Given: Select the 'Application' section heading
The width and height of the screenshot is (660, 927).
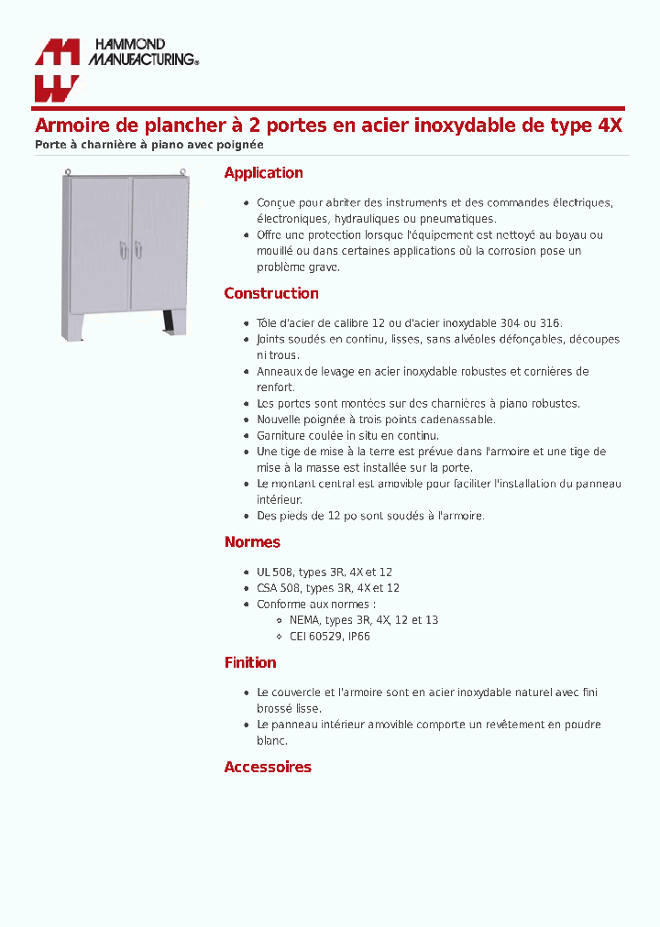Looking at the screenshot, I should tap(263, 173).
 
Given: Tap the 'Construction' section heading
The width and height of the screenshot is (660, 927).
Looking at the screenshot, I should tap(271, 294).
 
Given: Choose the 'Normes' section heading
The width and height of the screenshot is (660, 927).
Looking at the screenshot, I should tap(252, 542).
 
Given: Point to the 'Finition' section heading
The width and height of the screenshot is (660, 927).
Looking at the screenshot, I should tap(250, 663).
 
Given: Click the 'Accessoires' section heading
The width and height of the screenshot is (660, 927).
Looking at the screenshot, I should tap(268, 768).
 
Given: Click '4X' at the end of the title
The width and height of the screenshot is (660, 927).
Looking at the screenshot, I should tap(610, 126).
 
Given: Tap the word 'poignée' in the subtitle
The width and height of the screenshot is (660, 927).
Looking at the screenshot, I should tap(242, 145).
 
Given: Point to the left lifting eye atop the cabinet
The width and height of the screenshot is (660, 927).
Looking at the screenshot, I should tap(67, 170).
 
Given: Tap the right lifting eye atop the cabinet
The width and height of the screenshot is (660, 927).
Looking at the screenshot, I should tap(183, 170).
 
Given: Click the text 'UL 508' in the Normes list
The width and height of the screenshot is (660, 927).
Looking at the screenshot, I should tap(273, 573).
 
